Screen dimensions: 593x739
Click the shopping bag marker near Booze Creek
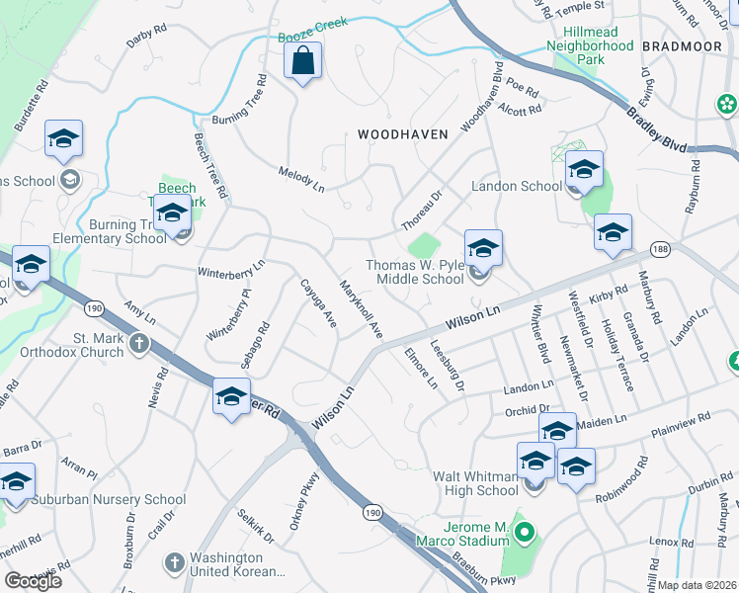pos(303,62)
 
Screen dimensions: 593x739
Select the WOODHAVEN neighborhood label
pos(402,133)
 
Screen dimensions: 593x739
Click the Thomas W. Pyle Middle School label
pos(415,272)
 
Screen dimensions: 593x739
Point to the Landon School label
pos(516,186)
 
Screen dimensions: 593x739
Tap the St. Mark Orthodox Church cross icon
pos(139,343)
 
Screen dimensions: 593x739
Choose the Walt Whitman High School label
pos(476,483)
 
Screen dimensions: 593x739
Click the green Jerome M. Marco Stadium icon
pos(526,537)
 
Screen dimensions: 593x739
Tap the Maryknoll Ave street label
pos(361,311)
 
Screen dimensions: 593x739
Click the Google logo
pos(34,581)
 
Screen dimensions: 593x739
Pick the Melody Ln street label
pos(302,179)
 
